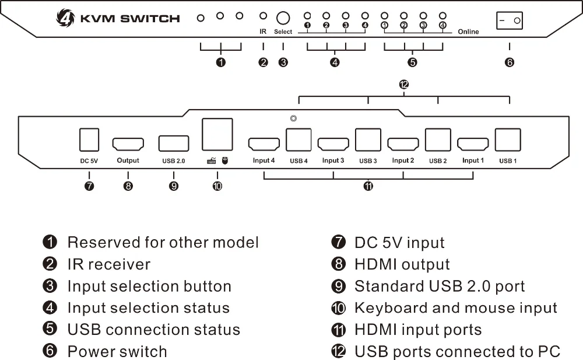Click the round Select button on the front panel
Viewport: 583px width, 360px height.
click(x=283, y=18)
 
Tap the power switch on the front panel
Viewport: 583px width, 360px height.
click(x=510, y=20)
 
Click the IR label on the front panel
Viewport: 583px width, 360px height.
click(x=263, y=32)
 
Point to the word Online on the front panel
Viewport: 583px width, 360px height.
click(x=468, y=32)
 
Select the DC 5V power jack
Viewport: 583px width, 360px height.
click(x=89, y=139)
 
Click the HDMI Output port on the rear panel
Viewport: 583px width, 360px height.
click(x=128, y=144)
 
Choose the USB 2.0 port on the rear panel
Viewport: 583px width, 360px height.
click(x=174, y=144)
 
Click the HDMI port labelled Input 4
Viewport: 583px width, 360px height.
click(x=264, y=144)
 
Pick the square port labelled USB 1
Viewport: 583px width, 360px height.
click(x=508, y=139)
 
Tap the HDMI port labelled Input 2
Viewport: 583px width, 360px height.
click(x=403, y=144)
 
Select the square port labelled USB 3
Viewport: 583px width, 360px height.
click(x=368, y=139)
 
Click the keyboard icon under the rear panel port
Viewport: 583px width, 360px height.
click(x=212, y=161)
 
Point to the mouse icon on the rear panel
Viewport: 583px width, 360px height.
click(x=225, y=160)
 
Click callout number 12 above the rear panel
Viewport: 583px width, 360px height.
click(x=404, y=85)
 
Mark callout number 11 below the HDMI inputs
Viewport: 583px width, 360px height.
click(x=368, y=186)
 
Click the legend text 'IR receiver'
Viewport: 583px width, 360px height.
click(x=109, y=264)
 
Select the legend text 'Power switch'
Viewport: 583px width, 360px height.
click(x=117, y=351)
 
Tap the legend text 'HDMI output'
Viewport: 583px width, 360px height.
click(x=402, y=264)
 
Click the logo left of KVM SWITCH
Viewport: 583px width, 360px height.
click(x=65, y=18)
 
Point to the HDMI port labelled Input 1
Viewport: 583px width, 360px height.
click(x=473, y=144)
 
